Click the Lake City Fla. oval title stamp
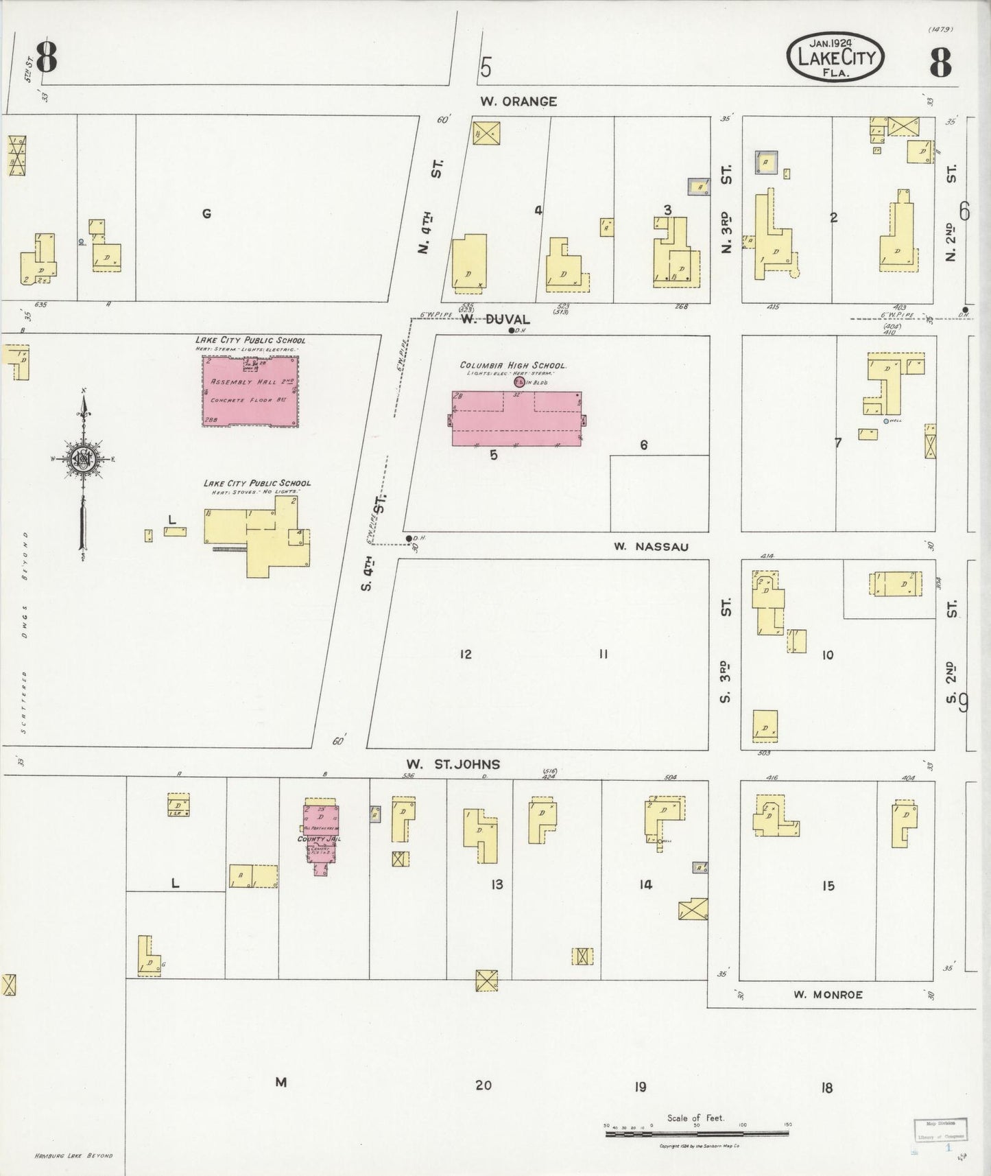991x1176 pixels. click(835, 58)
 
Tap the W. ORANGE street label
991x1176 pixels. click(518, 102)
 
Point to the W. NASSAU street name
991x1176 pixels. click(651, 547)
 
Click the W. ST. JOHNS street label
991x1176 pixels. click(453, 764)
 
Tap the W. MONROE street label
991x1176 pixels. click(828, 994)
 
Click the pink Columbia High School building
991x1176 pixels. click(515, 419)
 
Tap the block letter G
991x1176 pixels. click(206, 214)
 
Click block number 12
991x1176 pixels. click(466, 655)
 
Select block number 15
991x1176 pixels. click(828, 886)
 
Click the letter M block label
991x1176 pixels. click(280, 1082)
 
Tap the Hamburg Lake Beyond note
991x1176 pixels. click(72, 1155)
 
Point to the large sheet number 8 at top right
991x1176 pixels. click(940, 63)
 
